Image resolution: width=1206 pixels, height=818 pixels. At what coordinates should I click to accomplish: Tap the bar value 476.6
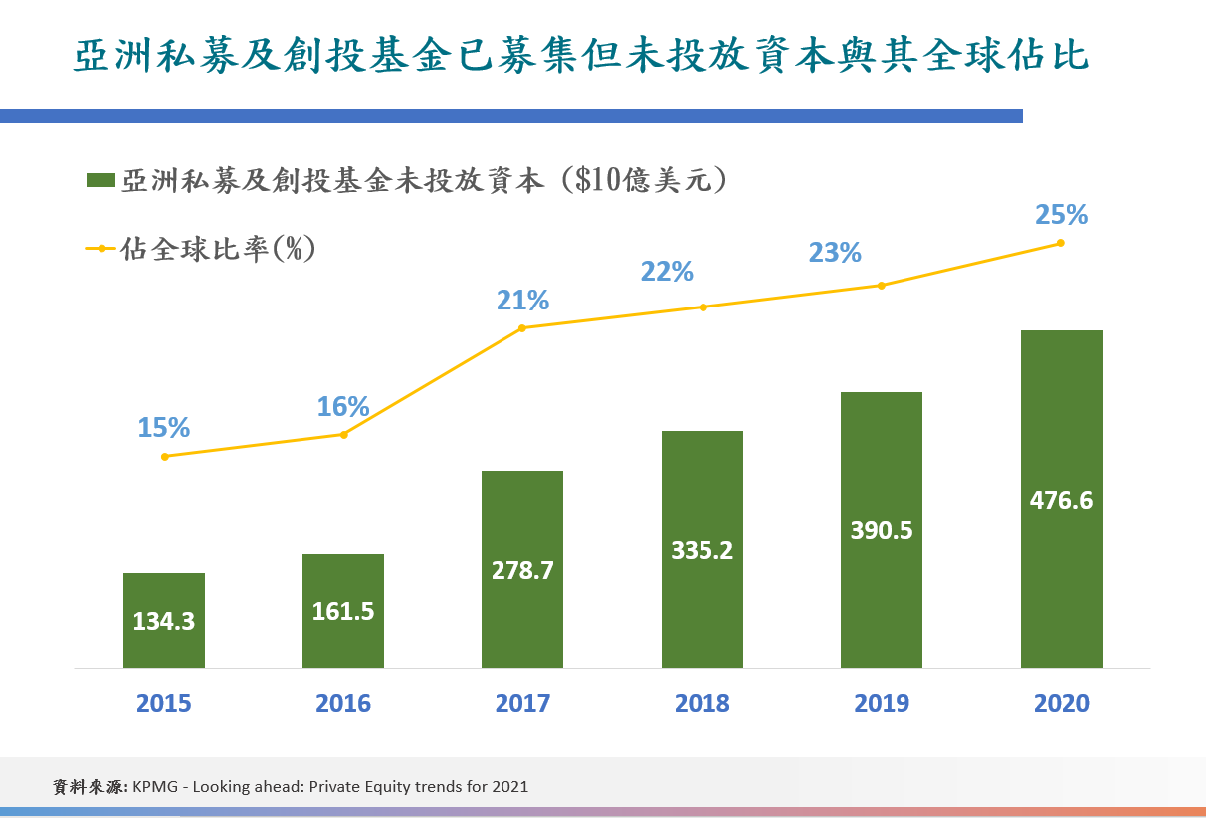coord(1061,500)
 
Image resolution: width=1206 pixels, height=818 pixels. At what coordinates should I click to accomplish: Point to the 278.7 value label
coord(522,571)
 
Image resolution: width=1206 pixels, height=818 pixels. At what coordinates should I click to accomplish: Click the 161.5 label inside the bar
coord(343,611)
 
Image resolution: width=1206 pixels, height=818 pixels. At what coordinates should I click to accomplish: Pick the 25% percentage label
coord(1061,215)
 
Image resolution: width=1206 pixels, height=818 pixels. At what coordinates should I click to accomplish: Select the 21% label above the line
coord(522,300)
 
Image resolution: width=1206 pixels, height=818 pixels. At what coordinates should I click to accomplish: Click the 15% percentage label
coord(164,427)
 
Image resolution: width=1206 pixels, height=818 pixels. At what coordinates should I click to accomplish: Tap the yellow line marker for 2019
coord(881,286)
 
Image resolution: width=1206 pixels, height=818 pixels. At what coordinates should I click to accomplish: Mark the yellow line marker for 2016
coord(344,434)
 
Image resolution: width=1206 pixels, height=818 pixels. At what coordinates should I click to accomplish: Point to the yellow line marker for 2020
coord(1061,243)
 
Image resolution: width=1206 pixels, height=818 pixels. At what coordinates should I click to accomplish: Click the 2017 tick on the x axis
coord(522,703)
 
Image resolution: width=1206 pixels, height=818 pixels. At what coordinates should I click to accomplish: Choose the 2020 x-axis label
coord(1061,703)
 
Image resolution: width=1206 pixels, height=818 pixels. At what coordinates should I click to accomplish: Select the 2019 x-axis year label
coord(881,703)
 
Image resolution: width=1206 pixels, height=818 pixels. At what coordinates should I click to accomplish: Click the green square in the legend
coord(100,180)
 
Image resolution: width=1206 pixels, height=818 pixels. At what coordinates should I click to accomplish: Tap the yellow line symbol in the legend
coord(100,248)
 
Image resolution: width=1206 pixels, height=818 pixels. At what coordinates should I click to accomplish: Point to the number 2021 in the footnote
coord(509,786)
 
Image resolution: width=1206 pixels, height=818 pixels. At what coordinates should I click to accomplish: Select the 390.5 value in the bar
coord(881,530)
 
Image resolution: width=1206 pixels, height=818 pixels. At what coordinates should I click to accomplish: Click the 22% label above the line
coord(667,272)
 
